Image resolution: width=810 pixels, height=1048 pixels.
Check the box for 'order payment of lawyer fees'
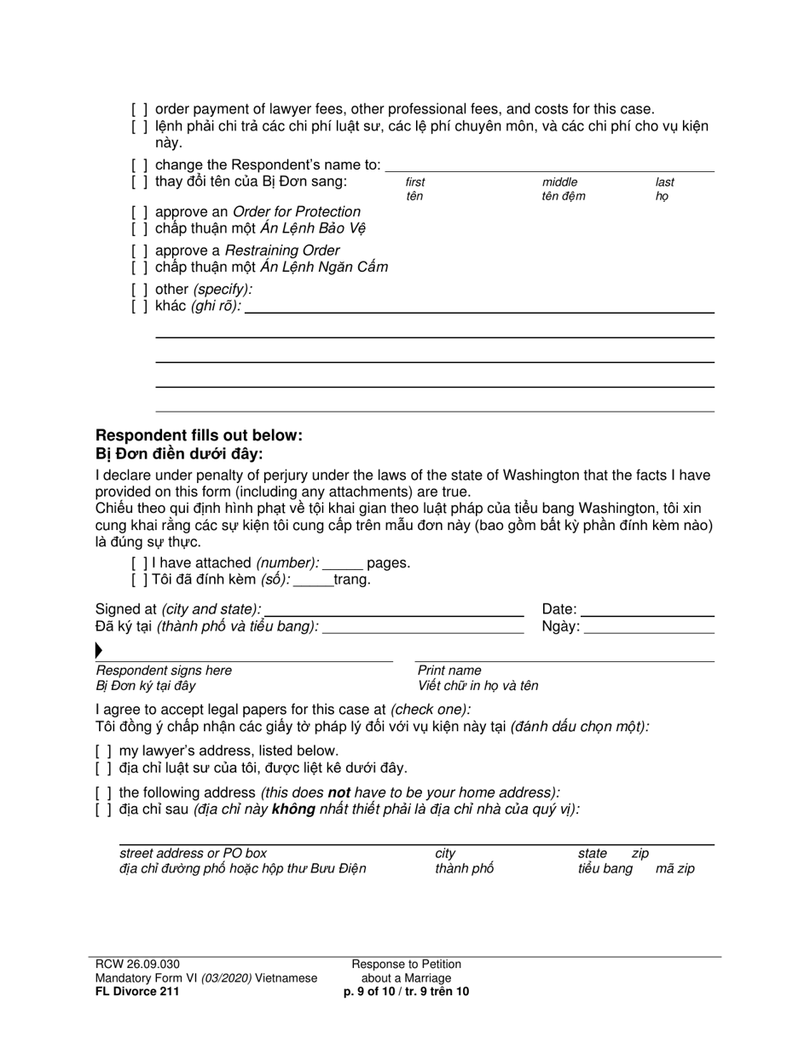click(x=140, y=109)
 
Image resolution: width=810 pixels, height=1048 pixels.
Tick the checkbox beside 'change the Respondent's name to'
click(x=140, y=165)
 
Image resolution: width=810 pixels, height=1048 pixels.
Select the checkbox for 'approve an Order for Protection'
click(x=140, y=212)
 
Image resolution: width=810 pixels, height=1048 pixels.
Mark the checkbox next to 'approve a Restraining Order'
click(x=140, y=250)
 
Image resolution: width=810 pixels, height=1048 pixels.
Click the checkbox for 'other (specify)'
click(x=140, y=290)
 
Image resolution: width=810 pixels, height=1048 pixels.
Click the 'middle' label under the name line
click(x=559, y=182)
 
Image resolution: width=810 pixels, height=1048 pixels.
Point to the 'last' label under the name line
click(x=664, y=182)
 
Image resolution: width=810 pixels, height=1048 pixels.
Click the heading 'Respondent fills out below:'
click(x=199, y=435)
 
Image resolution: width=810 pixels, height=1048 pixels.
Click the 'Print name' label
click(x=449, y=671)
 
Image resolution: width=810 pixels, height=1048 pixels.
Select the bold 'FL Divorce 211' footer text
click(x=137, y=991)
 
